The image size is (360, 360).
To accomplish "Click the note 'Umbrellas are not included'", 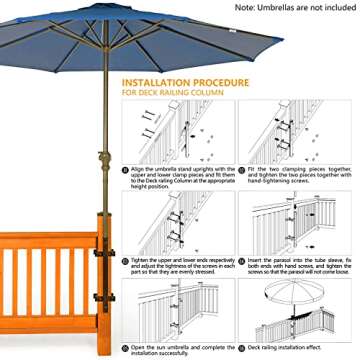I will tap(291, 7).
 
